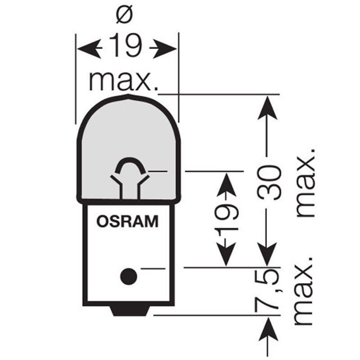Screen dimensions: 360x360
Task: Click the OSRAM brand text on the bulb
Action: point(127,222)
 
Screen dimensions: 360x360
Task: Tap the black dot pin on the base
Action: point(128,275)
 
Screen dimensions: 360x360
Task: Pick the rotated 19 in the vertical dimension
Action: point(226,220)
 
